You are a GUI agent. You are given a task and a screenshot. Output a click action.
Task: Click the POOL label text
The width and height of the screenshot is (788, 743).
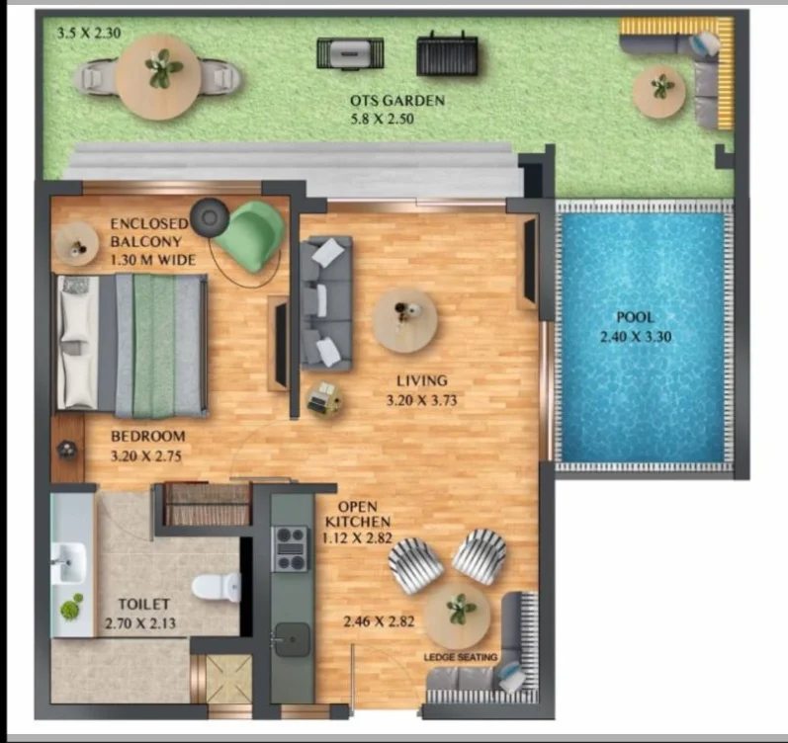(635, 317)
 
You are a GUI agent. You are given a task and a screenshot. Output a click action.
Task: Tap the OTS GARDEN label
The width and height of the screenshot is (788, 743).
(397, 101)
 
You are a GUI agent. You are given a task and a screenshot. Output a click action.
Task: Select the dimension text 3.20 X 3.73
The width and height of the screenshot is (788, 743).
(421, 400)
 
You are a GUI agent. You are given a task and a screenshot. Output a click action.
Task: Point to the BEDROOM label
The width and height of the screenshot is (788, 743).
(147, 436)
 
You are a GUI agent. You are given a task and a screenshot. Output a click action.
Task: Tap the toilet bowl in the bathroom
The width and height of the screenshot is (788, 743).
(217, 586)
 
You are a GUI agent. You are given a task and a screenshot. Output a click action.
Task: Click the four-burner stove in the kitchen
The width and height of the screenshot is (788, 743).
(290, 549)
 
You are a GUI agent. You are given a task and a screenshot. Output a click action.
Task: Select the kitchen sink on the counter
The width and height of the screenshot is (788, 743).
(292, 639)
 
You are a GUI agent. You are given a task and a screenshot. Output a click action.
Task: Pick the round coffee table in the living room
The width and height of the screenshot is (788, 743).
(405, 320)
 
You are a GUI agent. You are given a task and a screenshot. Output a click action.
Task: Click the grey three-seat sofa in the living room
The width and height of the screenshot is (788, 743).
(325, 303)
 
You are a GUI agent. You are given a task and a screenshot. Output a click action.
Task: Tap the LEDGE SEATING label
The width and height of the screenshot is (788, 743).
(461, 657)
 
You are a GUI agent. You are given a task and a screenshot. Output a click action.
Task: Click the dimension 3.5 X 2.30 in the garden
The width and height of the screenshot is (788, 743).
(89, 34)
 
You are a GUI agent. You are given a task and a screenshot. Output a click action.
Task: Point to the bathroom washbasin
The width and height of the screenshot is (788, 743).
(69, 562)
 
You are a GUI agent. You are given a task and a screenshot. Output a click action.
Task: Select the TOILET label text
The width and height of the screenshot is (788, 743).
(143, 604)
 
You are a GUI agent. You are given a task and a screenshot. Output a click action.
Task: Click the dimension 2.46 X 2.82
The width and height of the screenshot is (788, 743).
(379, 621)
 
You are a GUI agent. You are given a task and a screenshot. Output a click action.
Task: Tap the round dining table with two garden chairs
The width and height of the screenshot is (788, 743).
(158, 77)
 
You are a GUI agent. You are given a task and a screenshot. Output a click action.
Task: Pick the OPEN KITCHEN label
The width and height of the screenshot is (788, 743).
(358, 514)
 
